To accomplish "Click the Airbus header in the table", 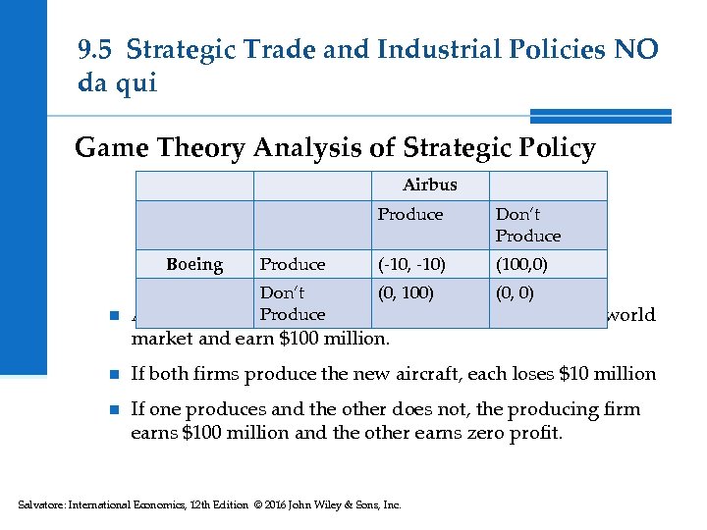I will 429,185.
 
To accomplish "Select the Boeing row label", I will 194,264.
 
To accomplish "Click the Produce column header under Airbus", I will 410,214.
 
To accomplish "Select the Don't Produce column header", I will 528,225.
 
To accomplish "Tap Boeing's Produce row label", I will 292,264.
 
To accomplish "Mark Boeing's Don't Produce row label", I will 292,303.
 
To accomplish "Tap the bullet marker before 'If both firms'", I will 114,374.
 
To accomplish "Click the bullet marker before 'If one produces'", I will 114,409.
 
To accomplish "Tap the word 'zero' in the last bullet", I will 487,433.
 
